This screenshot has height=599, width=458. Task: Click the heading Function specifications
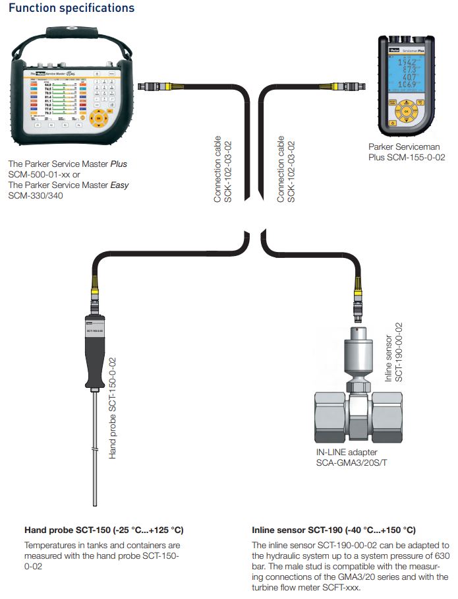[72, 9]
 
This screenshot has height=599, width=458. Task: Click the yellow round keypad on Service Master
[100, 119]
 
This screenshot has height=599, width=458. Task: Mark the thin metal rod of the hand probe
[96, 449]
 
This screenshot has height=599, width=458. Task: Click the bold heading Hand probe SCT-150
[103, 530]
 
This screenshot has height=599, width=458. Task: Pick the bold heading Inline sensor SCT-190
[333, 530]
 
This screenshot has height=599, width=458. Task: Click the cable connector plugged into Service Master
[153, 86]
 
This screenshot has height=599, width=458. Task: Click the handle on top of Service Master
[71, 32]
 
